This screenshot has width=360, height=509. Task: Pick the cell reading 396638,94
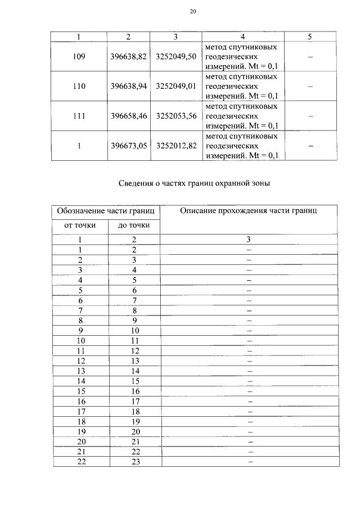129,86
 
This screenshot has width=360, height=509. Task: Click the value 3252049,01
176,86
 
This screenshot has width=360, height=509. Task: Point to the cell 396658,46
129,116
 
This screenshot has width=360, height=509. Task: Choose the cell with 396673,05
129,146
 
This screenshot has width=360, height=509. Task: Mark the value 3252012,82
176,146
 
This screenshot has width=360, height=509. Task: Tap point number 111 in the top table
79,116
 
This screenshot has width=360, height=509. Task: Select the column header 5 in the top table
310,37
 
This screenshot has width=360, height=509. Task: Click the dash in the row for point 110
310,86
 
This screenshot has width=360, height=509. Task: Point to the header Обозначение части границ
107,211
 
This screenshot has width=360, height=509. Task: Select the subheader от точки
80,226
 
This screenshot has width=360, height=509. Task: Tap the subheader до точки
134,226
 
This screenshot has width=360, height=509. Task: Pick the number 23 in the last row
134,462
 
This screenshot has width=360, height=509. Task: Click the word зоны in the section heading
260,183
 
